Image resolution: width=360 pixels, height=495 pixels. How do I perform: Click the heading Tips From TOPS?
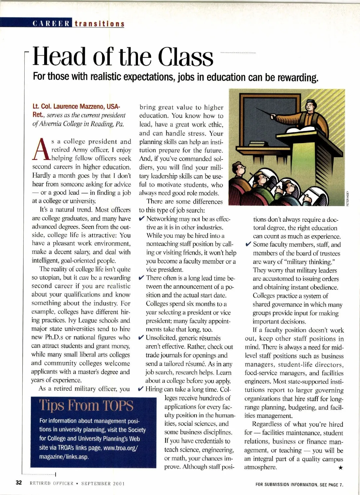(x=86, y=406)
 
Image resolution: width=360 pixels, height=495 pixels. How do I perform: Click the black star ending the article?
(x=340, y=467)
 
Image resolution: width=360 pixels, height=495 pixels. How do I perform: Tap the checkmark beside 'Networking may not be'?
(x=142, y=219)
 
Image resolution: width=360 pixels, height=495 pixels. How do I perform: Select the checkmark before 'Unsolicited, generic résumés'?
(x=142, y=338)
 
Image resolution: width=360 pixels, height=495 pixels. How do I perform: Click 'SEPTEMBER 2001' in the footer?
(x=103, y=483)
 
